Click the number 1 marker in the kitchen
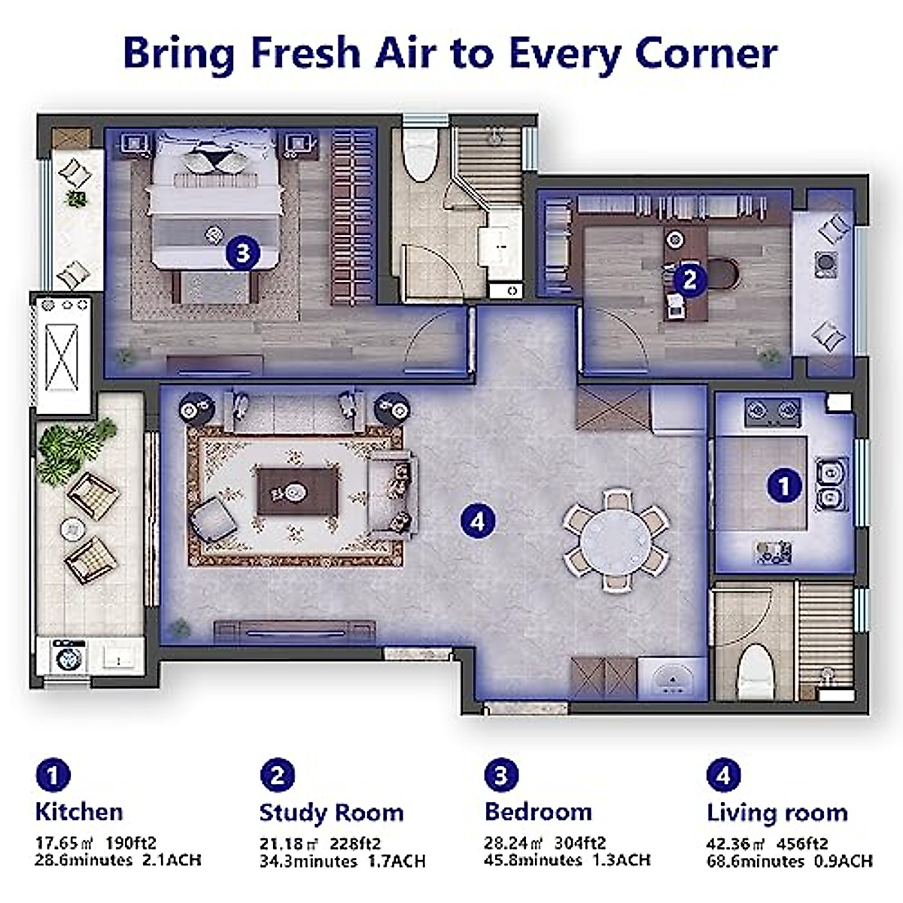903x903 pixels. point(783,485)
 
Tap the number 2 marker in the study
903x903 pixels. point(689,280)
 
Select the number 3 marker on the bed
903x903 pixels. point(242,253)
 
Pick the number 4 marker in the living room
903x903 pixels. point(479,520)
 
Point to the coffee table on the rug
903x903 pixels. point(296,491)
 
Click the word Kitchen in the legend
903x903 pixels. point(79,812)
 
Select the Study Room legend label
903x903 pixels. point(331,813)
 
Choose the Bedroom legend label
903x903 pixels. point(538,812)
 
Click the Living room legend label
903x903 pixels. point(777,813)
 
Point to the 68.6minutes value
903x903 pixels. point(755,861)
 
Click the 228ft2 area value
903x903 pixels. point(351,844)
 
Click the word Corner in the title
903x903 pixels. point(705,53)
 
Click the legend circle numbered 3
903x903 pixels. point(501,775)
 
